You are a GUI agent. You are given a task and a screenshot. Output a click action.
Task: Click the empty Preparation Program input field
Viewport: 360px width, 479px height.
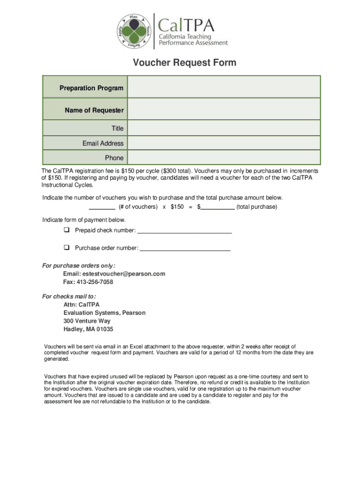224,87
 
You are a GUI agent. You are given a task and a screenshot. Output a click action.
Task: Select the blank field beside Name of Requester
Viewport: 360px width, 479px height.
224,110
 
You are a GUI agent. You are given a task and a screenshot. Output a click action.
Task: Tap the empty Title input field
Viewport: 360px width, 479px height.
224,128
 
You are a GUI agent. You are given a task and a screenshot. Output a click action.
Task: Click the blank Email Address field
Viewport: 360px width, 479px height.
224,143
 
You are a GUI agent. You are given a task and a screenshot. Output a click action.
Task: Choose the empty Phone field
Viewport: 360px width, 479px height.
224,158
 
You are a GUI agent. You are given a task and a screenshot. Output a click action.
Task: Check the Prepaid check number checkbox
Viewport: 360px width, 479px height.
66,230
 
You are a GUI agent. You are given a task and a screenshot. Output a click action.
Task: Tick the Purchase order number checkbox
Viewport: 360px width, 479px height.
66,247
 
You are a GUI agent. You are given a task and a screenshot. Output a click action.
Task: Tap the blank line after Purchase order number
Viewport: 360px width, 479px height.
185,248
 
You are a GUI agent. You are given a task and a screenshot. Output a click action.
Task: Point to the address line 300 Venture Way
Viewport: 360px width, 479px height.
87,321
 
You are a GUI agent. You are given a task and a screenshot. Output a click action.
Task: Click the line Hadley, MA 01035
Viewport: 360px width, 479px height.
88,329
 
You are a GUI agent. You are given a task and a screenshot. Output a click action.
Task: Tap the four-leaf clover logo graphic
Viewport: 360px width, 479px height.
134,31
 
